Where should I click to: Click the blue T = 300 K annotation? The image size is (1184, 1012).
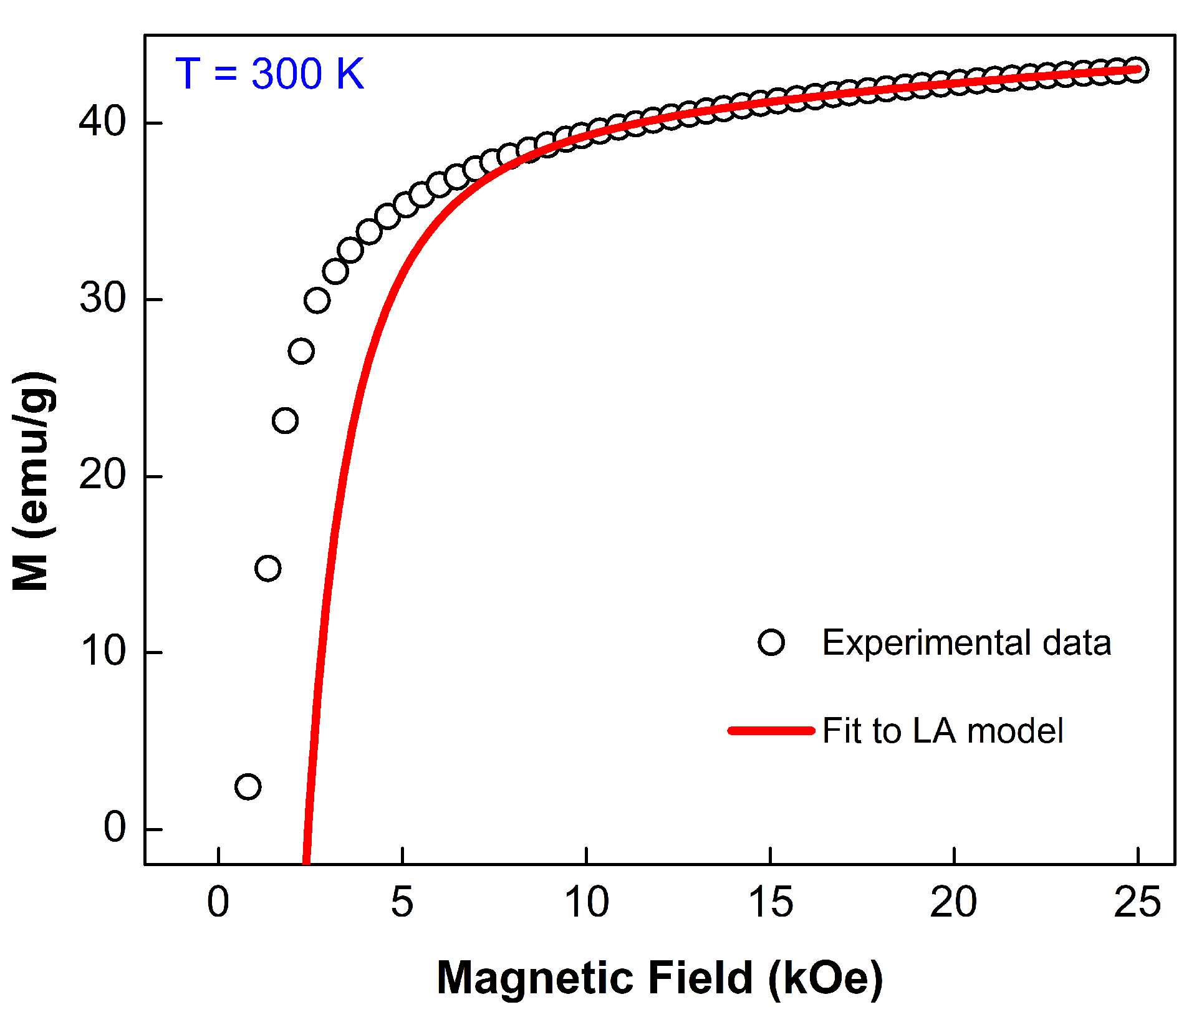click(269, 74)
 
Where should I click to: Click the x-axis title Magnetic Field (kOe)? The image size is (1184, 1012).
click(660, 977)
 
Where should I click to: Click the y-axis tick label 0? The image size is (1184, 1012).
click(115, 828)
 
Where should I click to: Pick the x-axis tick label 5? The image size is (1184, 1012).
click(402, 902)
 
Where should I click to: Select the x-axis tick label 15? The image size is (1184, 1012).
click(770, 902)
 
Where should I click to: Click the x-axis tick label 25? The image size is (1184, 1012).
click(1138, 902)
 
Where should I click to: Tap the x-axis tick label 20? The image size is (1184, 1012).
click(954, 902)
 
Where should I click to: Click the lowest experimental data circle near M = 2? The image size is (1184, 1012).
click(248, 787)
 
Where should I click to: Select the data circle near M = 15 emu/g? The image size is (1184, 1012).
click(268, 568)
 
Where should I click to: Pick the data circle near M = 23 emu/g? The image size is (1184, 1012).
click(285, 421)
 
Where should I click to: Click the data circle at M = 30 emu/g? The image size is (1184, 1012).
click(317, 301)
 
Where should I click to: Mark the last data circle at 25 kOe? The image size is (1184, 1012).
click(1136, 70)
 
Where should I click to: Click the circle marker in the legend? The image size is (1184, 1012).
click(771, 642)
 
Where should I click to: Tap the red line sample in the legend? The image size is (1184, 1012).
click(771, 730)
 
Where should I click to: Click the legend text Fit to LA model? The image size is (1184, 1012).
click(942, 731)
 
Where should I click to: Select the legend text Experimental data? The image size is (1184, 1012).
click(966, 642)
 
